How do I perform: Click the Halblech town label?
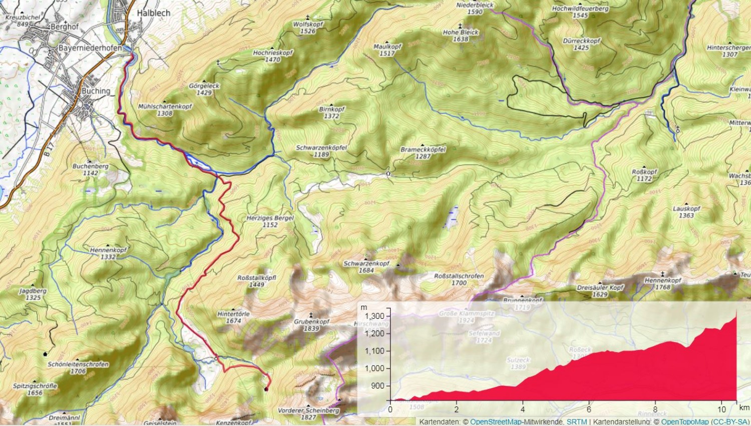(x=153, y=13)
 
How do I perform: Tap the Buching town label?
(x=96, y=91)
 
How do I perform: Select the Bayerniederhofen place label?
(x=90, y=48)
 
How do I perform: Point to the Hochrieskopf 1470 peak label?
(x=273, y=56)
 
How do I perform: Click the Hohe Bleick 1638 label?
(x=461, y=36)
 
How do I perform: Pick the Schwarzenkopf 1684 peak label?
(x=366, y=267)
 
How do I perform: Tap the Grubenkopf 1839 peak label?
(x=311, y=325)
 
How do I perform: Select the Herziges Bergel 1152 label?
(x=270, y=221)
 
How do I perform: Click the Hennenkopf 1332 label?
(x=108, y=253)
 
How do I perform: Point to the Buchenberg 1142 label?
(x=91, y=170)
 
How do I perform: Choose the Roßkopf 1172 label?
(x=644, y=175)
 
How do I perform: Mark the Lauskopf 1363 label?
(x=686, y=212)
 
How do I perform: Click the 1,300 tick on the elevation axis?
(x=374, y=316)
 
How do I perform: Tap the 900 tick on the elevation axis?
(x=378, y=386)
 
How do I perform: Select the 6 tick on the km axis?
(x=589, y=409)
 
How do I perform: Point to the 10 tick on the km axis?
(x=721, y=409)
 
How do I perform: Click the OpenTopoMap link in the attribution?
(x=685, y=422)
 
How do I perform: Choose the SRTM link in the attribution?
(x=576, y=422)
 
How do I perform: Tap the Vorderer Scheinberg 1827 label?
(x=308, y=413)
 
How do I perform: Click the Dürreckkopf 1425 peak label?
(x=581, y=44)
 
